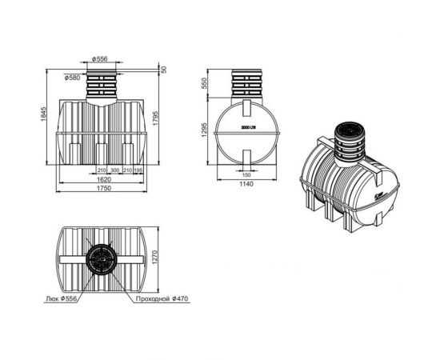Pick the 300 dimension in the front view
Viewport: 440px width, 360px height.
pyautogui.click(x=115, y=171)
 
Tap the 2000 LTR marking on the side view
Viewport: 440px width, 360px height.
pyautogui.click(x=247, y=128)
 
